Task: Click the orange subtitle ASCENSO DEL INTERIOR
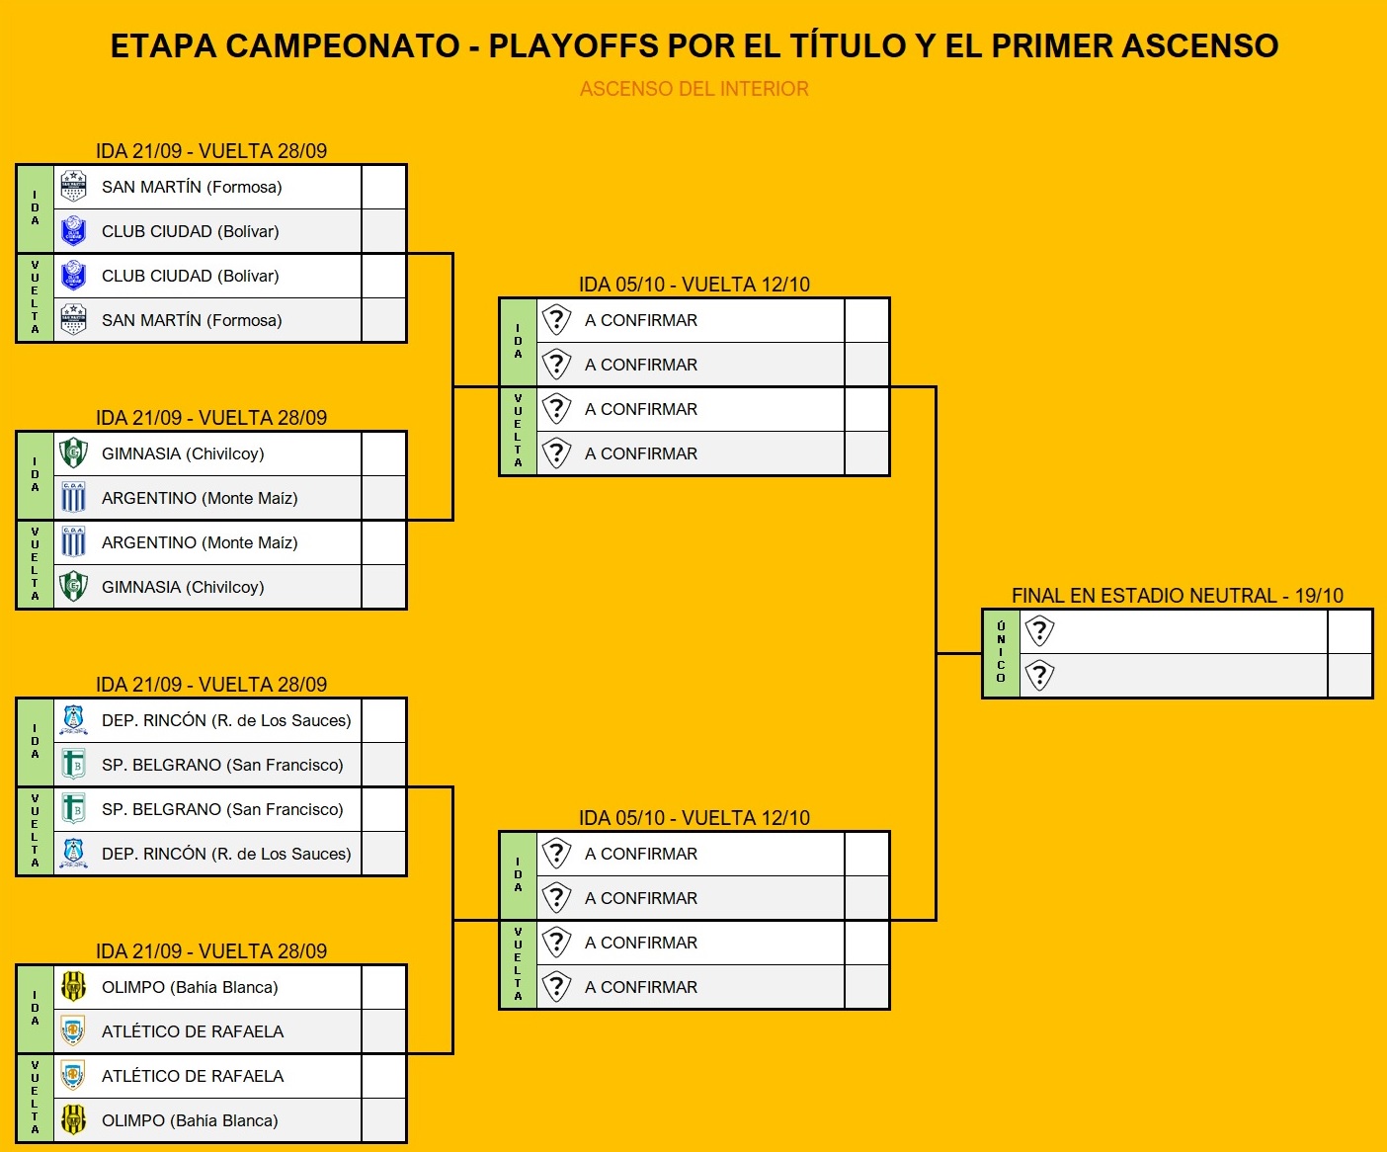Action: [x=693, y=88]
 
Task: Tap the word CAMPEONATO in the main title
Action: [x=343, y=45]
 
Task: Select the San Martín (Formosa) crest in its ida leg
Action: [x=73, y=187]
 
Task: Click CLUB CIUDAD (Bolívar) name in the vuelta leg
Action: [x=190, y=276]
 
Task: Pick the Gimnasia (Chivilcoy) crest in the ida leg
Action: [x=73, y=453]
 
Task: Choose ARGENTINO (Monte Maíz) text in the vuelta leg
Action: [x=200, y=542]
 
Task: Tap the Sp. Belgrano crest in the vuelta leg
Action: [x=73, y=809]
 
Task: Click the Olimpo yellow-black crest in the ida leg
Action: [x=73, y=987]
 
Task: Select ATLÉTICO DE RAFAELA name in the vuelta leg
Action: [x=193, y=1076]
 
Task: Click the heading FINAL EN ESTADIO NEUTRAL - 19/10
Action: [x=1178, y=596]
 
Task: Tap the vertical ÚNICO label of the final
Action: [x=1001, y=652]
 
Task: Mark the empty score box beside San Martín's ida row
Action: [x=383, y=187]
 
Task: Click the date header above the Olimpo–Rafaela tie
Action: [x=211, y=950]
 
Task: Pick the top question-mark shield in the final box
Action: [x=1039, y=631]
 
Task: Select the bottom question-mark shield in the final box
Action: [x=1039, y=676]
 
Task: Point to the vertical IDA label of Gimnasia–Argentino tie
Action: [x=36, y=474]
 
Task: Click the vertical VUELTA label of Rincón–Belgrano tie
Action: [x=36, y=831]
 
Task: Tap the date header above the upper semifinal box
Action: [x=694, y=285]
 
